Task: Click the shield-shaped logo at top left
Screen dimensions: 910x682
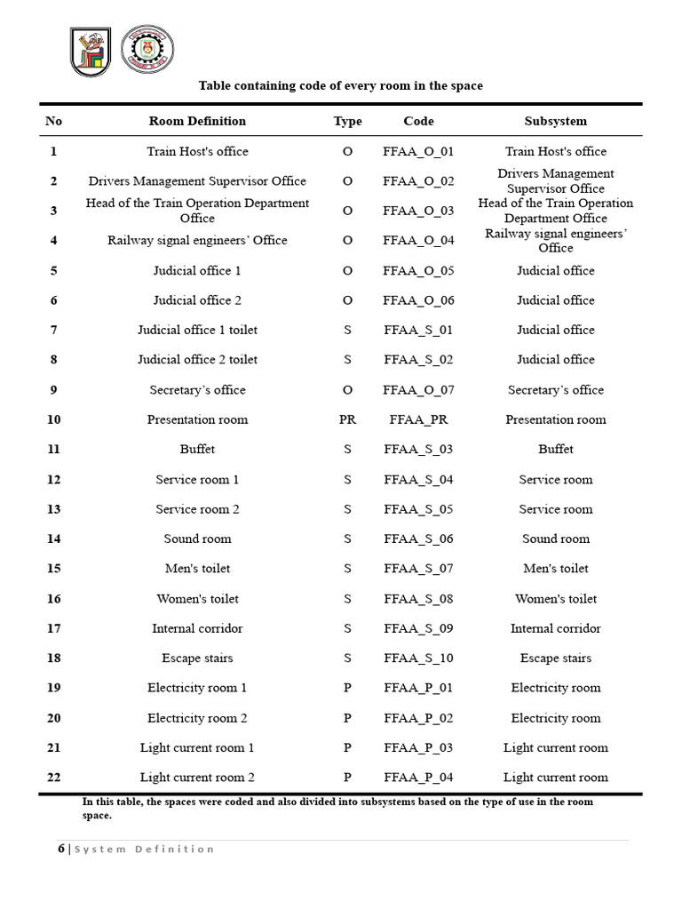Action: [91, 52]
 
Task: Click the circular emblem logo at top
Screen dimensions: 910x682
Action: [147, 52]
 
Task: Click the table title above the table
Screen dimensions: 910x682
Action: [340, 85]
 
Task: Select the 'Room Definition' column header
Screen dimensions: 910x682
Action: [197, 121]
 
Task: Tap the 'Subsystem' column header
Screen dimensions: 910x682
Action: [555, 121]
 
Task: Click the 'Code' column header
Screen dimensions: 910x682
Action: [418, 121]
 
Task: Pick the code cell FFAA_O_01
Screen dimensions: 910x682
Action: [418, 151]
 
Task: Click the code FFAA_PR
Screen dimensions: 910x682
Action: [418, 419]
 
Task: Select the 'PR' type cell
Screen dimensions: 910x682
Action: [347, 419]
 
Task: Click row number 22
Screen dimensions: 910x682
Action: [53, 777]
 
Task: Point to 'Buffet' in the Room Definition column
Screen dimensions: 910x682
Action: [197, 450]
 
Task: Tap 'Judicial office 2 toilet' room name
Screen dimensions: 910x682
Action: [197, 360]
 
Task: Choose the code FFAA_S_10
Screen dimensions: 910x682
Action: [418, 658]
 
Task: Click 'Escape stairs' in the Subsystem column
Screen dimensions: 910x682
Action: [555, 658]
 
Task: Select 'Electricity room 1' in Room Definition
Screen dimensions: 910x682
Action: [197, 688]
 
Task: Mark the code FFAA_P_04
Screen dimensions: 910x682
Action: [418, 777]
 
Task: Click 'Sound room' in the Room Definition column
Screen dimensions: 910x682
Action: [197, 539]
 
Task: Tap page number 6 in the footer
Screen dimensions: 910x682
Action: [61, 849]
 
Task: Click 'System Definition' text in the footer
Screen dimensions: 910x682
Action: [144, 850]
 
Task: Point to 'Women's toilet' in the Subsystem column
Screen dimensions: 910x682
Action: [555, 598]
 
